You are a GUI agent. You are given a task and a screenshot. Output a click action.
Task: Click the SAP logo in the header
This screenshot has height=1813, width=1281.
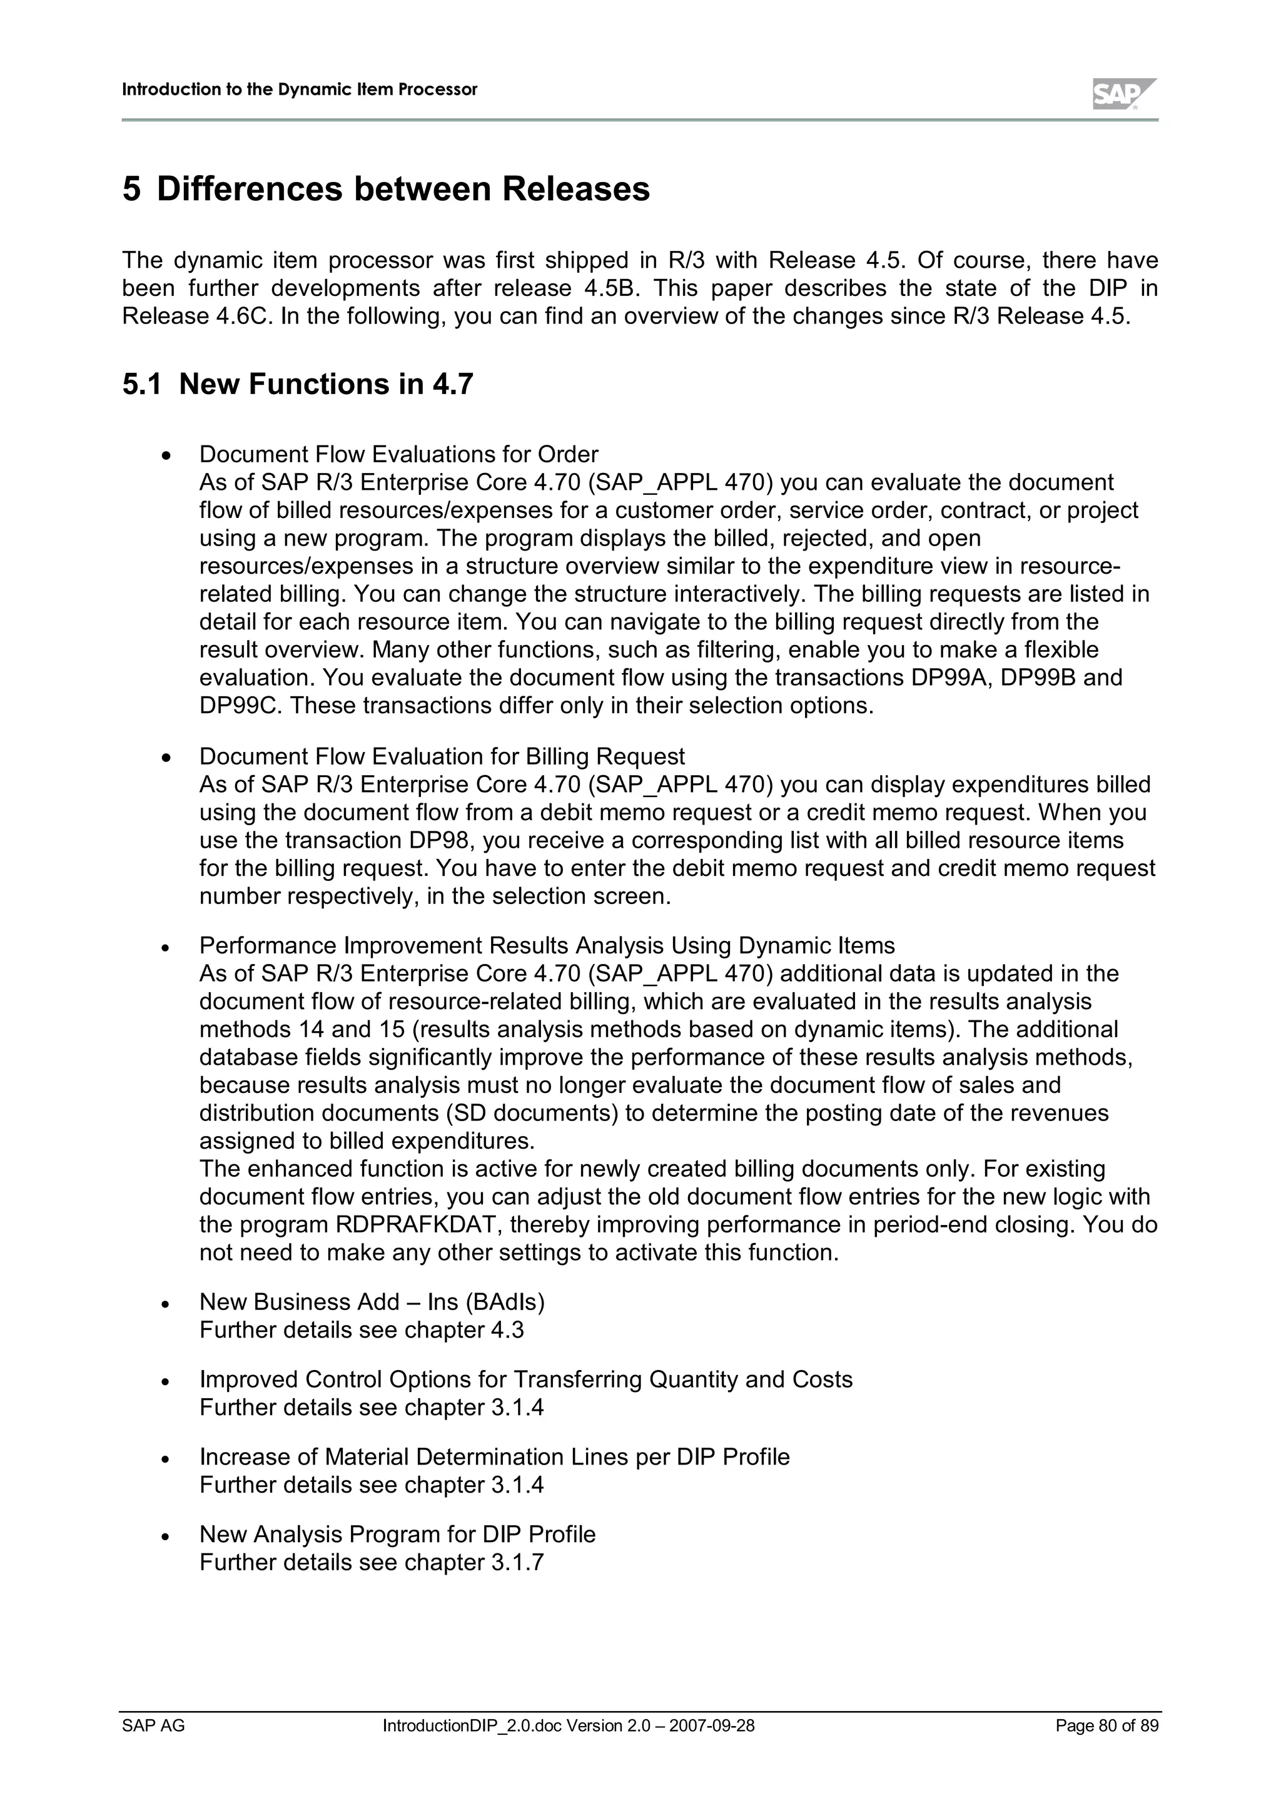(1122, 94)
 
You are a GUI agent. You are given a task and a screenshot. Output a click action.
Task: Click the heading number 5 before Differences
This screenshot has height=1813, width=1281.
(132, 190)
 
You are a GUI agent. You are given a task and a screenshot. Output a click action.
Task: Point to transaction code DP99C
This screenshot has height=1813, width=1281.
(240, 705)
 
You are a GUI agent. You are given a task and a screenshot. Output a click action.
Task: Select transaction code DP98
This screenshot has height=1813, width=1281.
(438, 840)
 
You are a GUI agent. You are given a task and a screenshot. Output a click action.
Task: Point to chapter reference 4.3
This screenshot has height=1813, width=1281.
(507, 1331)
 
